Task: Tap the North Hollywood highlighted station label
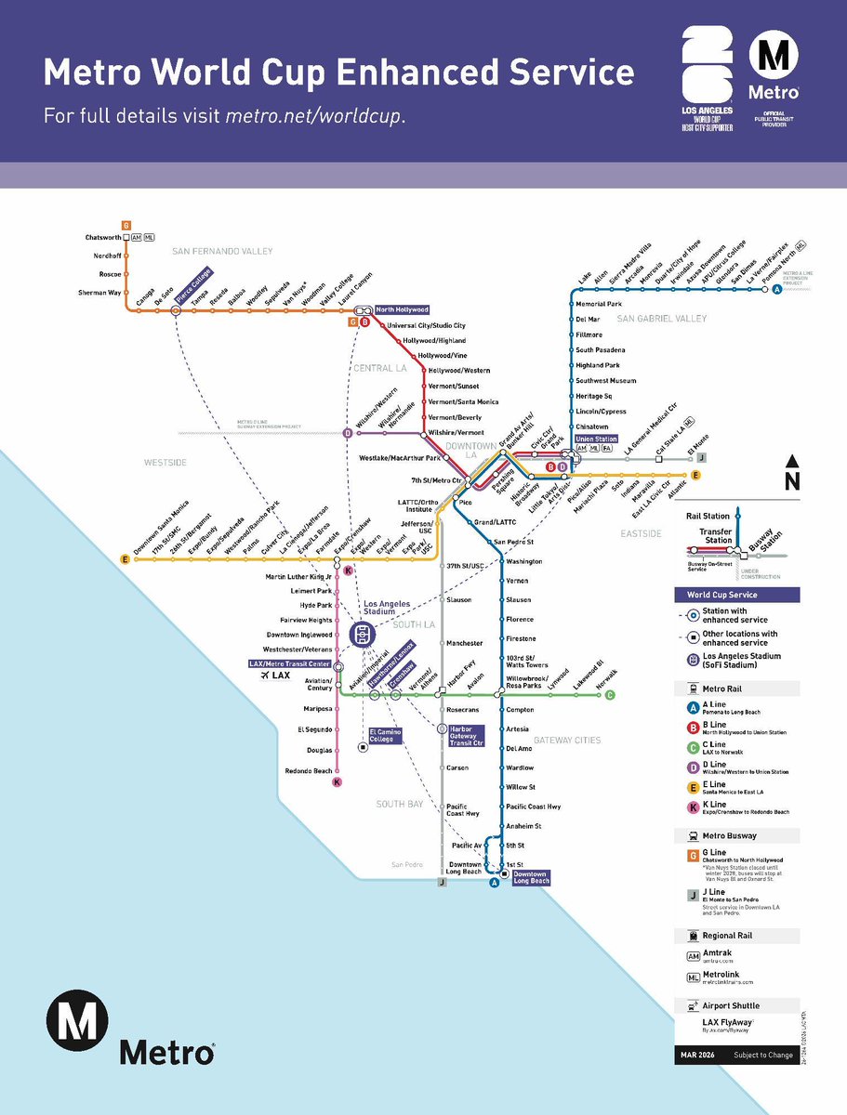coord(402,309)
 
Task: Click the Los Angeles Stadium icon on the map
coord(364,634)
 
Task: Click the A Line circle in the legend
coord(693,708)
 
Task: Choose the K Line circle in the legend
coord(693,807)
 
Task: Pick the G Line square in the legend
coord(693,857)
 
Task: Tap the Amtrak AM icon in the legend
coord(693,954)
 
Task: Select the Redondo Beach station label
coord(308,771)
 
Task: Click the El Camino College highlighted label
coord(387,735)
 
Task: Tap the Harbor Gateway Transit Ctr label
coord(468,736)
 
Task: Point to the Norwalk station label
coord(605,682)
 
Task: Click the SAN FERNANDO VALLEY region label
coord(221,252)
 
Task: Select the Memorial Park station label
coord(599,304)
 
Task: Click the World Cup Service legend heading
coord(722,595)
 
